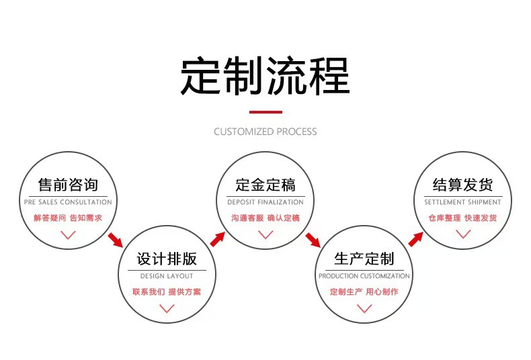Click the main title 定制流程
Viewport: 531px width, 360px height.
click(265, 76)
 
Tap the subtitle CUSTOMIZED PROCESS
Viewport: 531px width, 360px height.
click(265, 132)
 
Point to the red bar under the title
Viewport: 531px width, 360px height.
click(266, 112)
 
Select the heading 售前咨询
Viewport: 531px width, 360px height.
click(68, 185)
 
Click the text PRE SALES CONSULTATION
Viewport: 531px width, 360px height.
click(68, 202)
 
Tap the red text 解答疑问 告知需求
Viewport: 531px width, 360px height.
click(68, 218)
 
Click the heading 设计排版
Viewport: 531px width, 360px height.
click(167, 259)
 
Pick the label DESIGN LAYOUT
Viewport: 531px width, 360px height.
click(167, 276)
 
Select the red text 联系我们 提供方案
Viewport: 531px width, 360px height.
click(167, 291)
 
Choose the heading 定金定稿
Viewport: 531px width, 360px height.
click(265, 185)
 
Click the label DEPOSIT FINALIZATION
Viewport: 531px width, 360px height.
click(265, 202)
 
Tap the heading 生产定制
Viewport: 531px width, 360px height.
click(364, 259)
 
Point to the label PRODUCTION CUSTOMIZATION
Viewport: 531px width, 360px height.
click(364, 276)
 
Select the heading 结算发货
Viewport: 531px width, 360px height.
click(463, 185)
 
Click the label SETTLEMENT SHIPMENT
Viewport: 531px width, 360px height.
click(463, 202)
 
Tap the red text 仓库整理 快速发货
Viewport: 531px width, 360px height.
click(463, 218)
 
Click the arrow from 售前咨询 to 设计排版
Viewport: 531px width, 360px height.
click(116, 240)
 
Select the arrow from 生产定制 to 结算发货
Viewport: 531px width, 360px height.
click(416, 239)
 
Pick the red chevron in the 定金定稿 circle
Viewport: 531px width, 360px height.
click(265, 234)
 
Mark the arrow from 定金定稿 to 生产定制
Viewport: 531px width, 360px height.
click(313, 240)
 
